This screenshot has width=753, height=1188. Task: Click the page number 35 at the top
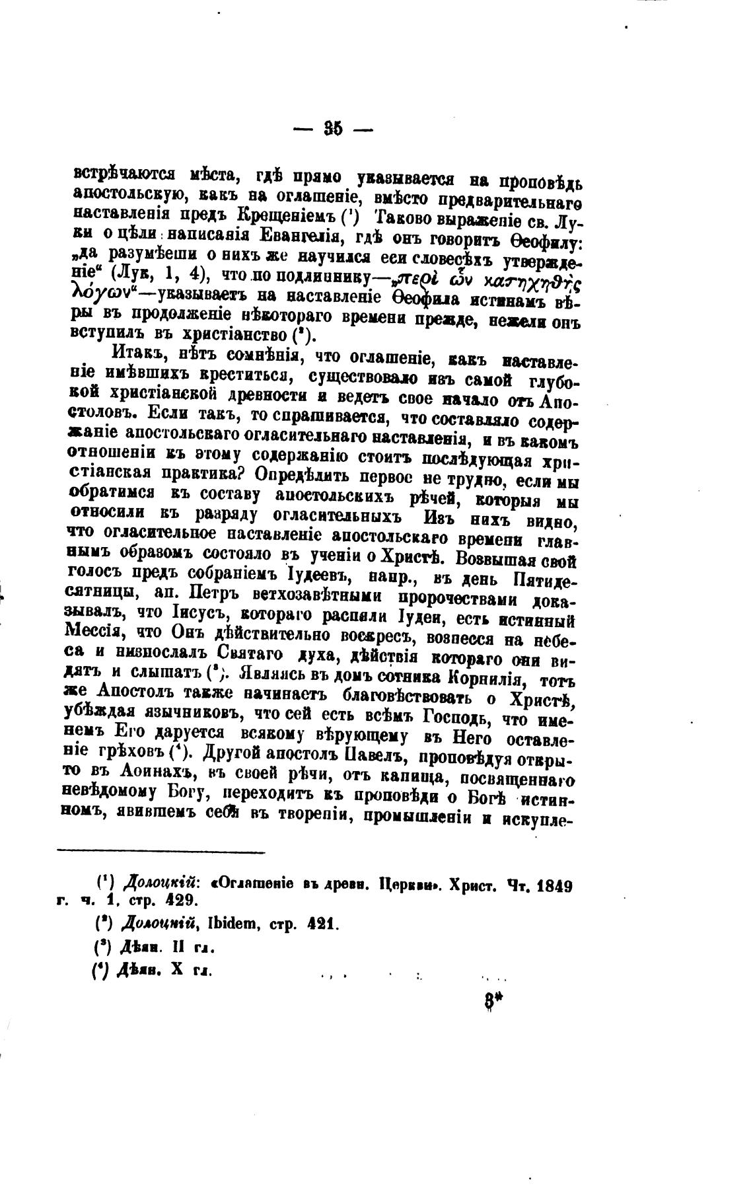pos(332,129)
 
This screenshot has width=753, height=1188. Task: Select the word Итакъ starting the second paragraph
pos(135,357)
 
